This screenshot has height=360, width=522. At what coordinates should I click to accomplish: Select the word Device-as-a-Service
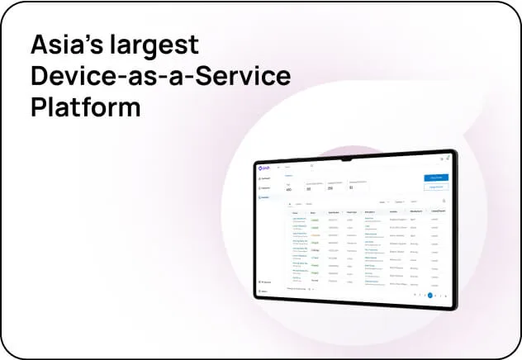(160, 76)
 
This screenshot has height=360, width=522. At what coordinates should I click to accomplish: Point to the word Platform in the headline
(85, 108)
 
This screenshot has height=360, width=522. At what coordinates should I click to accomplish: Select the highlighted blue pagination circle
(429, 294)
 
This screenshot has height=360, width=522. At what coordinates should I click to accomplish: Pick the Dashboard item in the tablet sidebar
(266, 178)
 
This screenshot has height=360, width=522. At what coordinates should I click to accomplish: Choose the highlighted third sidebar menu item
(266, 197)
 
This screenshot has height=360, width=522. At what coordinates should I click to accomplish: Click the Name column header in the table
(296, 212)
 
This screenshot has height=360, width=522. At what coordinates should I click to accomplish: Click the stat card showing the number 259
(336, 186)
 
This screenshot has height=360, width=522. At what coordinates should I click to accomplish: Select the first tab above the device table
(289, 203)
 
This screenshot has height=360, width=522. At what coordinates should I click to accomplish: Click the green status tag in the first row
(316, 220)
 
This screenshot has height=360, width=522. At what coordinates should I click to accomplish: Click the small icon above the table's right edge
(444, 201)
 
